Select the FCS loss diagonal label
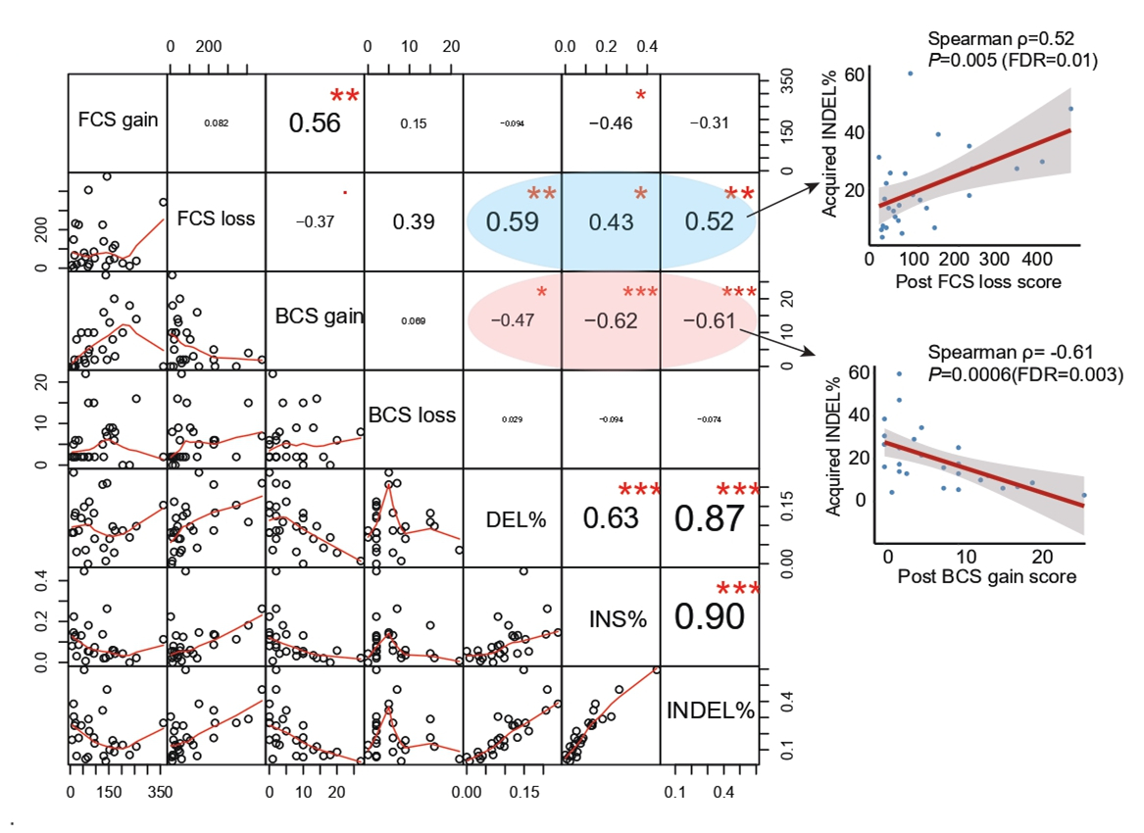tap(216, 219)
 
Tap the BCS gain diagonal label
tap(320, 317)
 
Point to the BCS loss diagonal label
tap(412, 416)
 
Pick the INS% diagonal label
tap(611, 619)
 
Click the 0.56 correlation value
tap(314, 123)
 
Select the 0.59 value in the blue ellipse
tap(512, 221)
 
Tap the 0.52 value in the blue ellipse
tap(708, 222)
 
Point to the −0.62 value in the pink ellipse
tap(611, 321)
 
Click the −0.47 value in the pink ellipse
tap(511, 321)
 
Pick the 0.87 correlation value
tap(709, 518)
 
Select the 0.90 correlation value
tap(709, 616)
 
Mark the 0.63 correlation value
tap(610, 517)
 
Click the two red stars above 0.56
tap(344, 96)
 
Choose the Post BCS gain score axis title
tap(986, 577)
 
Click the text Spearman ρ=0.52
tap(1000, 39)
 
